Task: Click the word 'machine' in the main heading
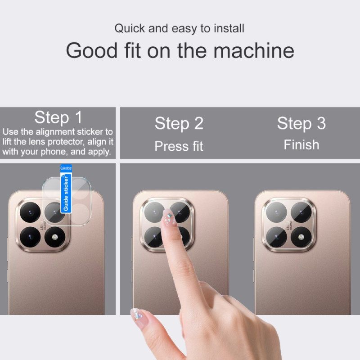click(254, 50)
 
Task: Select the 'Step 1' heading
click(58, 117)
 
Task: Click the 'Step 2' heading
click(179, 123)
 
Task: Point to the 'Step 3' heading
click(301, 123)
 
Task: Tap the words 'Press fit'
click(179, 146)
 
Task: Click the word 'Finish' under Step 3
click(301, 145)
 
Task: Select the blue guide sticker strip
click(66, 189)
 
